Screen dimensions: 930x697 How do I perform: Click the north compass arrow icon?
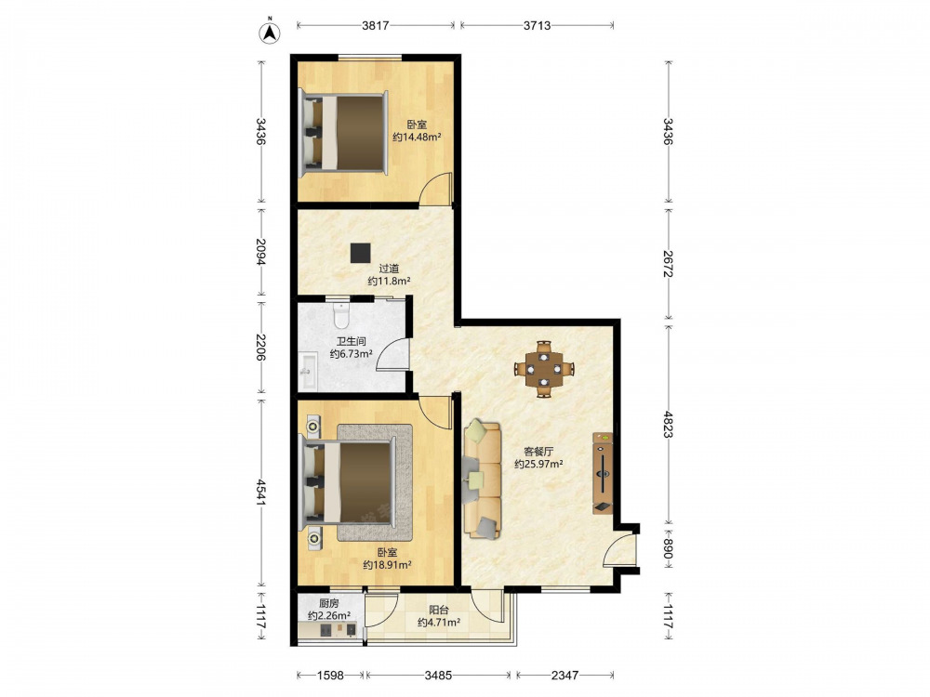(270, 32)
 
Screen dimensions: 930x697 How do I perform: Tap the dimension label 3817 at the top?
(376, 25)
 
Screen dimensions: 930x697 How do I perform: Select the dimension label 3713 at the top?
(537, 25)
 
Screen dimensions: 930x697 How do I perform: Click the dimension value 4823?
(669, 425)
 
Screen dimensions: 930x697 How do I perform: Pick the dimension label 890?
(669, 549)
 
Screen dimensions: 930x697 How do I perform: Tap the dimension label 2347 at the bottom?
(565, 675)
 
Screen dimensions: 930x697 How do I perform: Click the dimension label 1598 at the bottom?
(330, 675)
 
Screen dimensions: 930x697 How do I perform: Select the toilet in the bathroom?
(341, 315)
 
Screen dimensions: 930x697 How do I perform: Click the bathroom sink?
(308, 372)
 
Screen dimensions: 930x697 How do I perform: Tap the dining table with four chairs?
(544, 369)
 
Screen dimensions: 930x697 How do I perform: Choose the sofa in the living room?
(482, 479)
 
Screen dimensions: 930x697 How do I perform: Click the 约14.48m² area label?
(417, 138)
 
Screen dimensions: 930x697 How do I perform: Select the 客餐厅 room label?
(538, 451)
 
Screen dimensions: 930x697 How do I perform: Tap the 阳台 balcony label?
(439, 610)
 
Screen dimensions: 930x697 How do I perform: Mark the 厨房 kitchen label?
(328, 603)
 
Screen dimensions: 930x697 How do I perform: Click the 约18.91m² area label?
(387, 565)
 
